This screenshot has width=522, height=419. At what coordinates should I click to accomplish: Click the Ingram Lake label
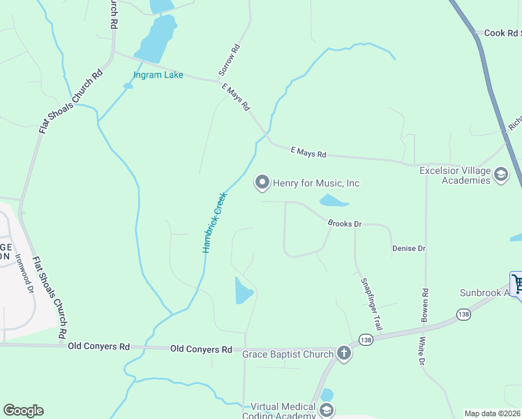tap(159, 75)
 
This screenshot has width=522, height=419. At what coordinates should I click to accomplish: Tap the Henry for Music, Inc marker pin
tap(262, 182)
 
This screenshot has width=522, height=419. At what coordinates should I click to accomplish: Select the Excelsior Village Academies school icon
tap(501, 175)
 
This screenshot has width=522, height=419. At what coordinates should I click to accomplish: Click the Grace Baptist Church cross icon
tap(343, 353)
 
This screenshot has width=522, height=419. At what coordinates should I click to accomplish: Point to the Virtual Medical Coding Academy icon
tap(326, 411)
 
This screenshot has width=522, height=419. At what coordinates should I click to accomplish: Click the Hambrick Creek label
tap(214, 223)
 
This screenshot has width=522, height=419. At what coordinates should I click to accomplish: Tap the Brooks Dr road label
tap(345, 223)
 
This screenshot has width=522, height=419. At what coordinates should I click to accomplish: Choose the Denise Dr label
tap(408, 249)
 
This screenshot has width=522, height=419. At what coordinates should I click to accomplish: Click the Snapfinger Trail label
tap(371, 304)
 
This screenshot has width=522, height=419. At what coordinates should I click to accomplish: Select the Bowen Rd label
tap(424, 305)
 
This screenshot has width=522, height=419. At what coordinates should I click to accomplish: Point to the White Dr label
tap(422, 353)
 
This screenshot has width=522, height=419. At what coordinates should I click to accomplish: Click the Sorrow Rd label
tap(229, 60)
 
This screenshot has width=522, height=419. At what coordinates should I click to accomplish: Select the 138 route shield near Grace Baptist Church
tap(365, 339)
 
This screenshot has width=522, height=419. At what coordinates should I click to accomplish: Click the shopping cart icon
tap(518, 284)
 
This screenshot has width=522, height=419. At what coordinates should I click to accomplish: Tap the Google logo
tap(23, 411)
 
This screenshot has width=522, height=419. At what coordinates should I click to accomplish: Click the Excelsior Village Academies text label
tap(456, 175)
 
